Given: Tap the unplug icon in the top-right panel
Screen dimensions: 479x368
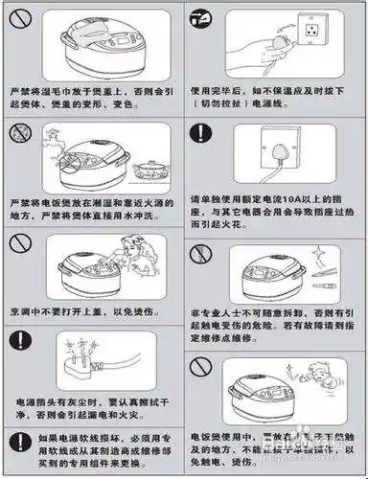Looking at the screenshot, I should pos(202,20).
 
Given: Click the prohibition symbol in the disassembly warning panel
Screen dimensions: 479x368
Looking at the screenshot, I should pos(202,254).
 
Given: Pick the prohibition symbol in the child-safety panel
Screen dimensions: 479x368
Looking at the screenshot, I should pos(202,368).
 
